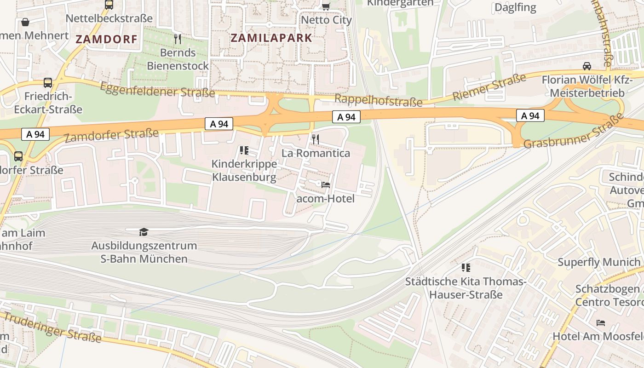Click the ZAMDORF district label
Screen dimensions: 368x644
(x=106, y=40)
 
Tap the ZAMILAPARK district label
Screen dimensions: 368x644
(x=271, y=38)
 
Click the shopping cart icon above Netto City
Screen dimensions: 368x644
(x=326, y=6)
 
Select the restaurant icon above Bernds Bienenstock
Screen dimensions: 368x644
(x=178, y=39)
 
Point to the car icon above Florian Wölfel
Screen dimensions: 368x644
(x=587, y=66)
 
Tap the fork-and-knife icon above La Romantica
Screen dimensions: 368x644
(x=315, y=139)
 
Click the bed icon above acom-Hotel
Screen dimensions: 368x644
(x=326, y=185)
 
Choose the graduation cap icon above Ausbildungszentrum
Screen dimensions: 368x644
(x=144, y=232)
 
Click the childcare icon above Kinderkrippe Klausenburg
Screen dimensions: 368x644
(x=244, y=150)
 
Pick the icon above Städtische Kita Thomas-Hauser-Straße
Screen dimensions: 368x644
(x=466, y=267)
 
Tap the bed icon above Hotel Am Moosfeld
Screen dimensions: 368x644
(x=600, y=322)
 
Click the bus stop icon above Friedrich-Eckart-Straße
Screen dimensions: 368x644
(x=48, y=83)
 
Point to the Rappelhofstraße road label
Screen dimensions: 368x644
(x=378, y=100)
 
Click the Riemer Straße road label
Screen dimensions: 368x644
(x=489, y=87)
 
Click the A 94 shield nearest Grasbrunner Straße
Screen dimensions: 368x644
(x=530, y=116)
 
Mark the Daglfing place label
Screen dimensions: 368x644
(x=515, y=7)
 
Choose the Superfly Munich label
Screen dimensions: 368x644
(x=598, y=262)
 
